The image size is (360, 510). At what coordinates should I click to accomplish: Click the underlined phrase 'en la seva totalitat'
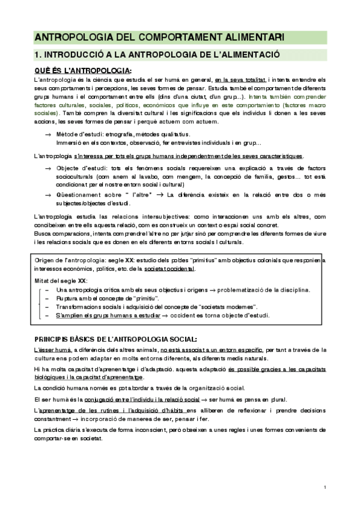(x=240, y=80)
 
